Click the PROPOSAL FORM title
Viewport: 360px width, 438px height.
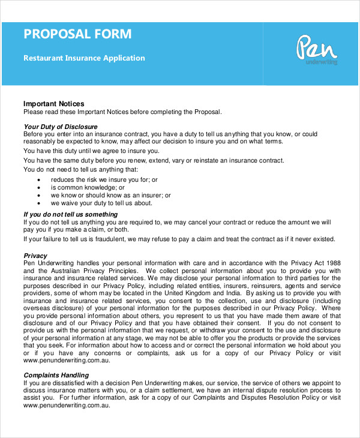(77, 34)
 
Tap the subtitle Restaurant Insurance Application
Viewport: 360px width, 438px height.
(84, 58)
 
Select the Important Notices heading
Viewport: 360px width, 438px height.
(53, 104)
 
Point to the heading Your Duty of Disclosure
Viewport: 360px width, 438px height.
(60, 127)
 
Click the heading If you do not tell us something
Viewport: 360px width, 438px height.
(70, 214)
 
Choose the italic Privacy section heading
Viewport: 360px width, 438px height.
(35, 256)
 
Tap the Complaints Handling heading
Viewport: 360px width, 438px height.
(56, 375)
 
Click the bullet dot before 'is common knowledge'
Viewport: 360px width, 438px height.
(39, 188)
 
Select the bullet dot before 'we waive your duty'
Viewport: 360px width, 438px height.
(39, 203)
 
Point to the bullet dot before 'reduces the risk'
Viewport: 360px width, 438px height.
(39, 180)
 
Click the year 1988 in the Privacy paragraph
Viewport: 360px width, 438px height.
(332, 263)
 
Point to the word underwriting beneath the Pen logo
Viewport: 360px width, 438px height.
(322, 62)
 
